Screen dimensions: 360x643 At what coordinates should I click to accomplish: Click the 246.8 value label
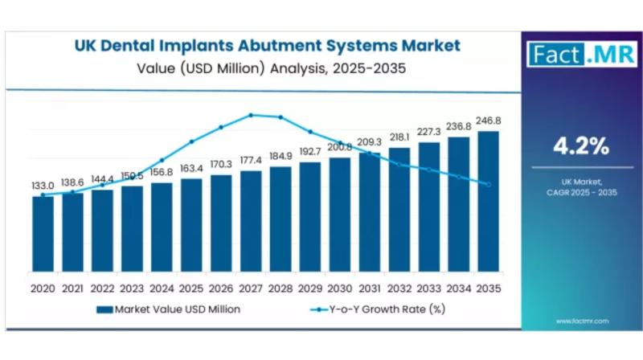click(488, 121)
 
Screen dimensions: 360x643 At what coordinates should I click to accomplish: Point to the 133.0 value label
click(43, 186)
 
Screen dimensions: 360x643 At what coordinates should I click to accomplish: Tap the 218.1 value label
click(399, 136)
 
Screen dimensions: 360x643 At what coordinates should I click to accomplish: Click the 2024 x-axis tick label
click(162, 286)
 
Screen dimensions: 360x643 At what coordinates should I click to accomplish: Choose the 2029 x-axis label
click(310, 286)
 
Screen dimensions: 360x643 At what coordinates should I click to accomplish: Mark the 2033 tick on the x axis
click(428, 286)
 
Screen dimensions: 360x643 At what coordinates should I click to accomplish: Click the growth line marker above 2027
click(251, 115)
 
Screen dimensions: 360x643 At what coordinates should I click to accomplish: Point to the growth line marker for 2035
click(488, 184)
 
